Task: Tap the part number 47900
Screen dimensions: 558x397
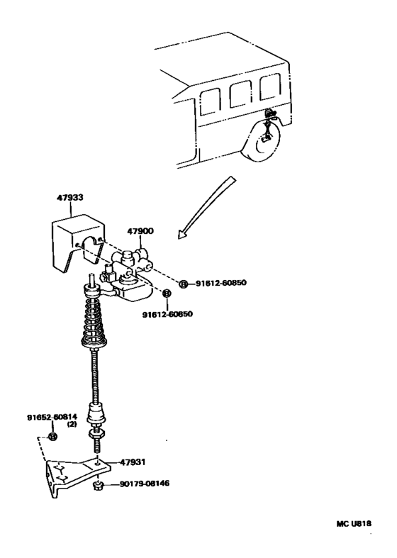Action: tap(140, 231)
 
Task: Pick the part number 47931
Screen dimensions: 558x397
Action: tap(133, 462)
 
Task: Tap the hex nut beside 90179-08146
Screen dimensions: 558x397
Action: tap(99, 486)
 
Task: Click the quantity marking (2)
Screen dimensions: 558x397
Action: tap(72, 425)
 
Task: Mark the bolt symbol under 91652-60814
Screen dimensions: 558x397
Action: tap(52, 436)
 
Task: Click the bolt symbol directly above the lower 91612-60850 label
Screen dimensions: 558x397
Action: tap(167, 294)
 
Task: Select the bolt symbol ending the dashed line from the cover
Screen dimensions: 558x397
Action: tap(184, 284)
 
